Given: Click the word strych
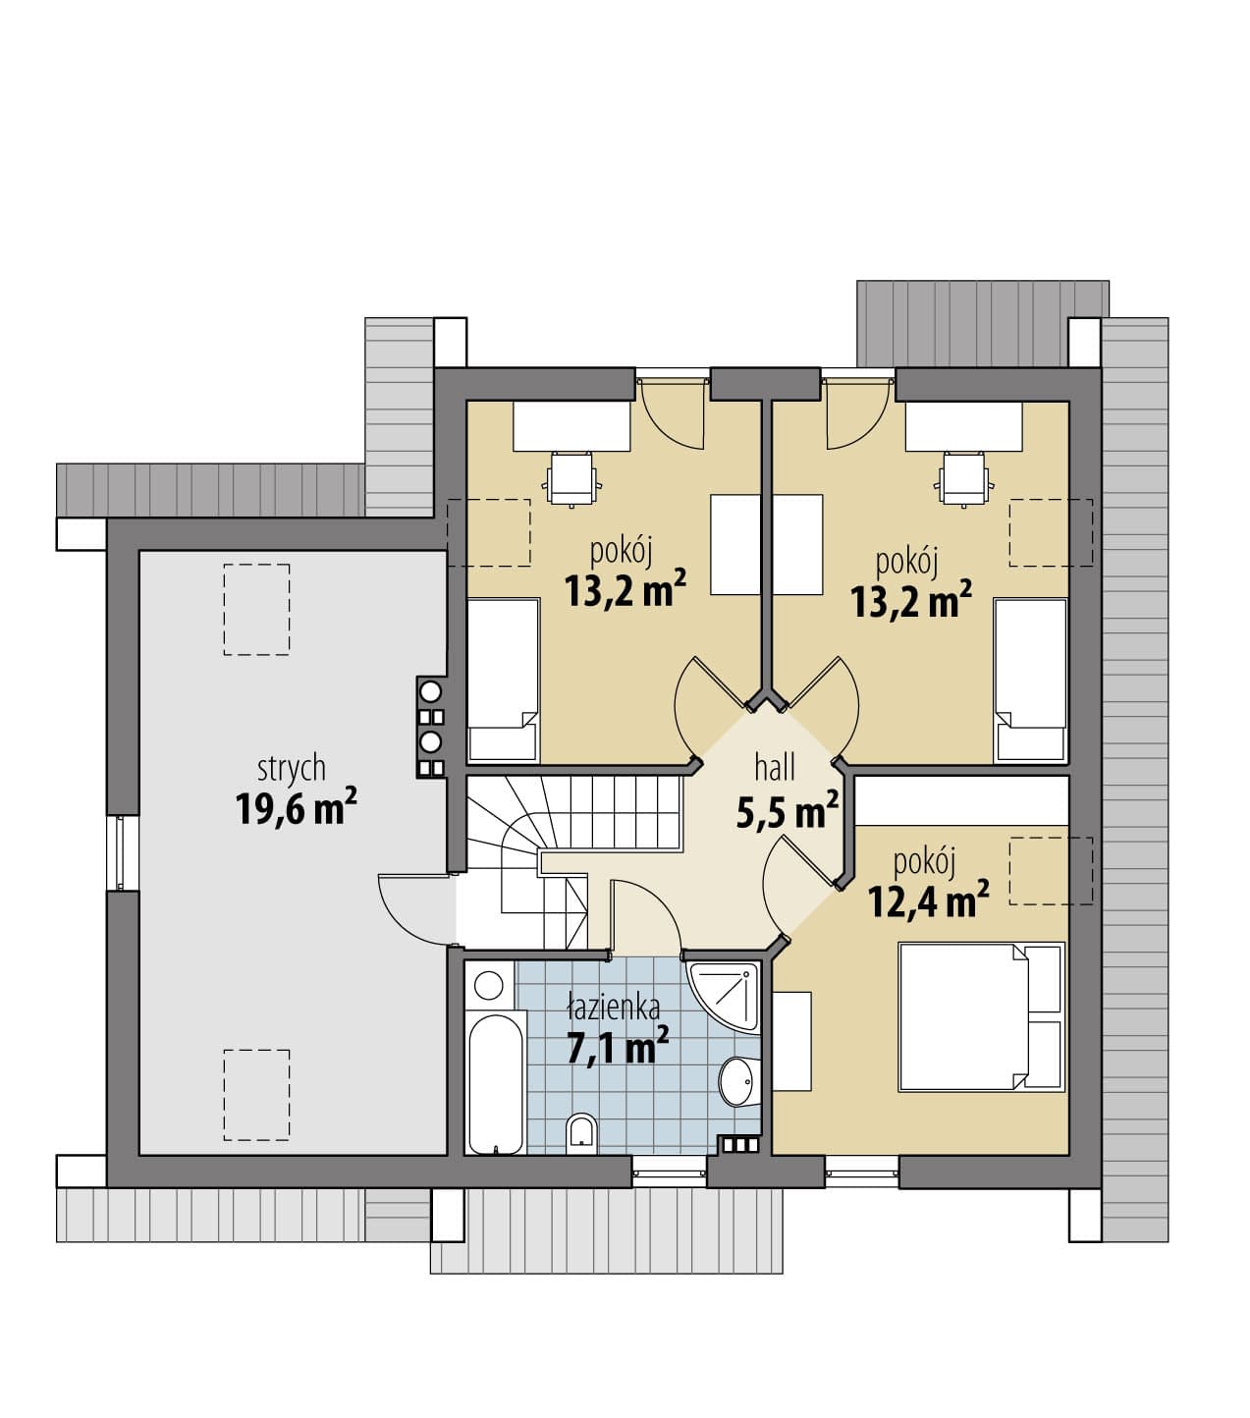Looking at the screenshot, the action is point(292,769).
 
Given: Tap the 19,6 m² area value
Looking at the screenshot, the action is point(297,807).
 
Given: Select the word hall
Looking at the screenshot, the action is point(775,768).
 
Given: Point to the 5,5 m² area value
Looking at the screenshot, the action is point(788,811).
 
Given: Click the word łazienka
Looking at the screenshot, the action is point(613,1008).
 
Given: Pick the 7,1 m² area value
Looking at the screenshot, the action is point(618,1046).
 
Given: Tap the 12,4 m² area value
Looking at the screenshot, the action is point(928,900).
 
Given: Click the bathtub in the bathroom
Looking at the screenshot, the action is point(496,1083).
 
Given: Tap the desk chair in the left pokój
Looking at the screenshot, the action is point(572,478).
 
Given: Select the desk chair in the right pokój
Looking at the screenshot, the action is point(964,478).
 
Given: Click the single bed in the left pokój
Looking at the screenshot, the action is point(503,681).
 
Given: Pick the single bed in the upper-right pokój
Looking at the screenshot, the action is point(1030,681).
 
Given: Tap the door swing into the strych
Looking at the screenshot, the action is point(414,908).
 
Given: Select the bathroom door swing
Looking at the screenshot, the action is point(645,917).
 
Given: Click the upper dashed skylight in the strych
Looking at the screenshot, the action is point(257,610).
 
